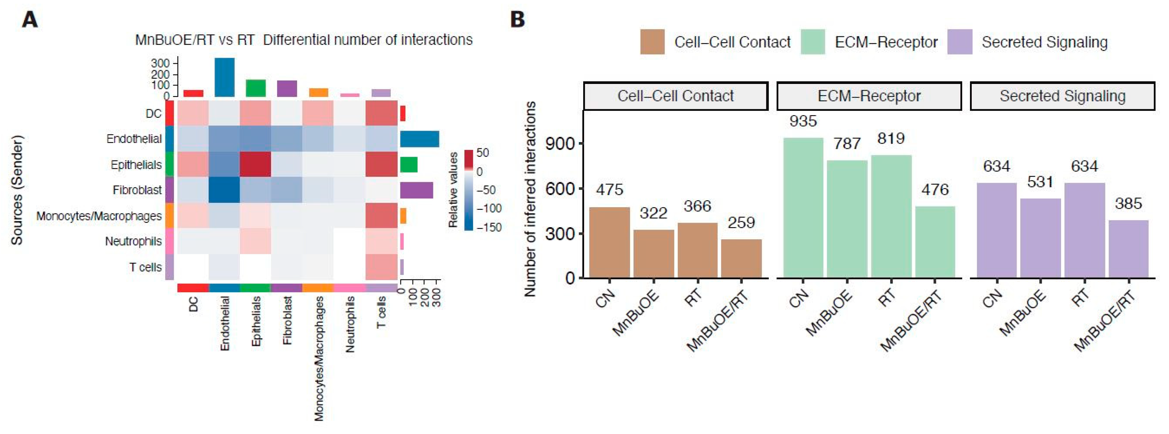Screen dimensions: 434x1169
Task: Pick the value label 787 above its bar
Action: [847, 144]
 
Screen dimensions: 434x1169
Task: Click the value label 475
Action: [609, 189]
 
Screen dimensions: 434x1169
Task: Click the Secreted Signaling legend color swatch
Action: [959, 42]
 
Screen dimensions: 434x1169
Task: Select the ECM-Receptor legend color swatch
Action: [812, 42]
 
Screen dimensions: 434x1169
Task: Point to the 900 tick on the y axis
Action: [560, 144]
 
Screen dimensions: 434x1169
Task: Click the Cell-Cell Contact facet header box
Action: [675, 96]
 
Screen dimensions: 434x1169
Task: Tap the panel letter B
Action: [517, 20]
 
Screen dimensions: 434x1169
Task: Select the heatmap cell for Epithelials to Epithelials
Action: [255, 164]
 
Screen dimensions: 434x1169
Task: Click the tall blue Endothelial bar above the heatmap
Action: [224, 77]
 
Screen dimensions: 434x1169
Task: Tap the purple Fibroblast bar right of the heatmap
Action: [416, 190]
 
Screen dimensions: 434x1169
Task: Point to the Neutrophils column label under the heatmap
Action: [350, 324]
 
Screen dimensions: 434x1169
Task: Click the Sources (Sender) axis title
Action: [17, 190]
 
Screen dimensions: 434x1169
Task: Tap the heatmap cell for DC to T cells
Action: [381, 113]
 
